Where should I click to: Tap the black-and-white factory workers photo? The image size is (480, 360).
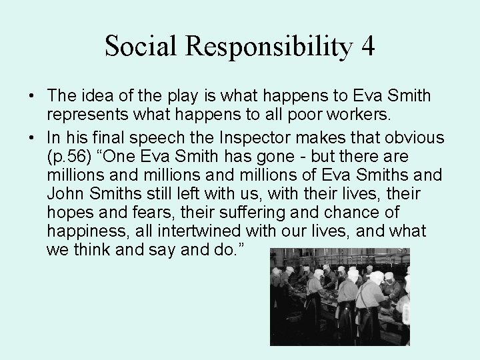pyautogui.click(x=339, y=297)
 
